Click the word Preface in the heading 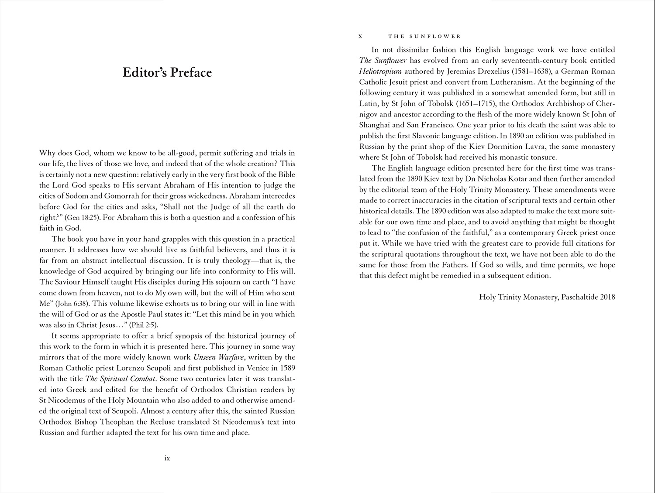[189, 72]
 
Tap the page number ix [167, 459]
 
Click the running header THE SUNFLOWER [424, 36]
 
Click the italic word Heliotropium [380, 71]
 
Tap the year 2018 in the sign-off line [607, 297]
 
